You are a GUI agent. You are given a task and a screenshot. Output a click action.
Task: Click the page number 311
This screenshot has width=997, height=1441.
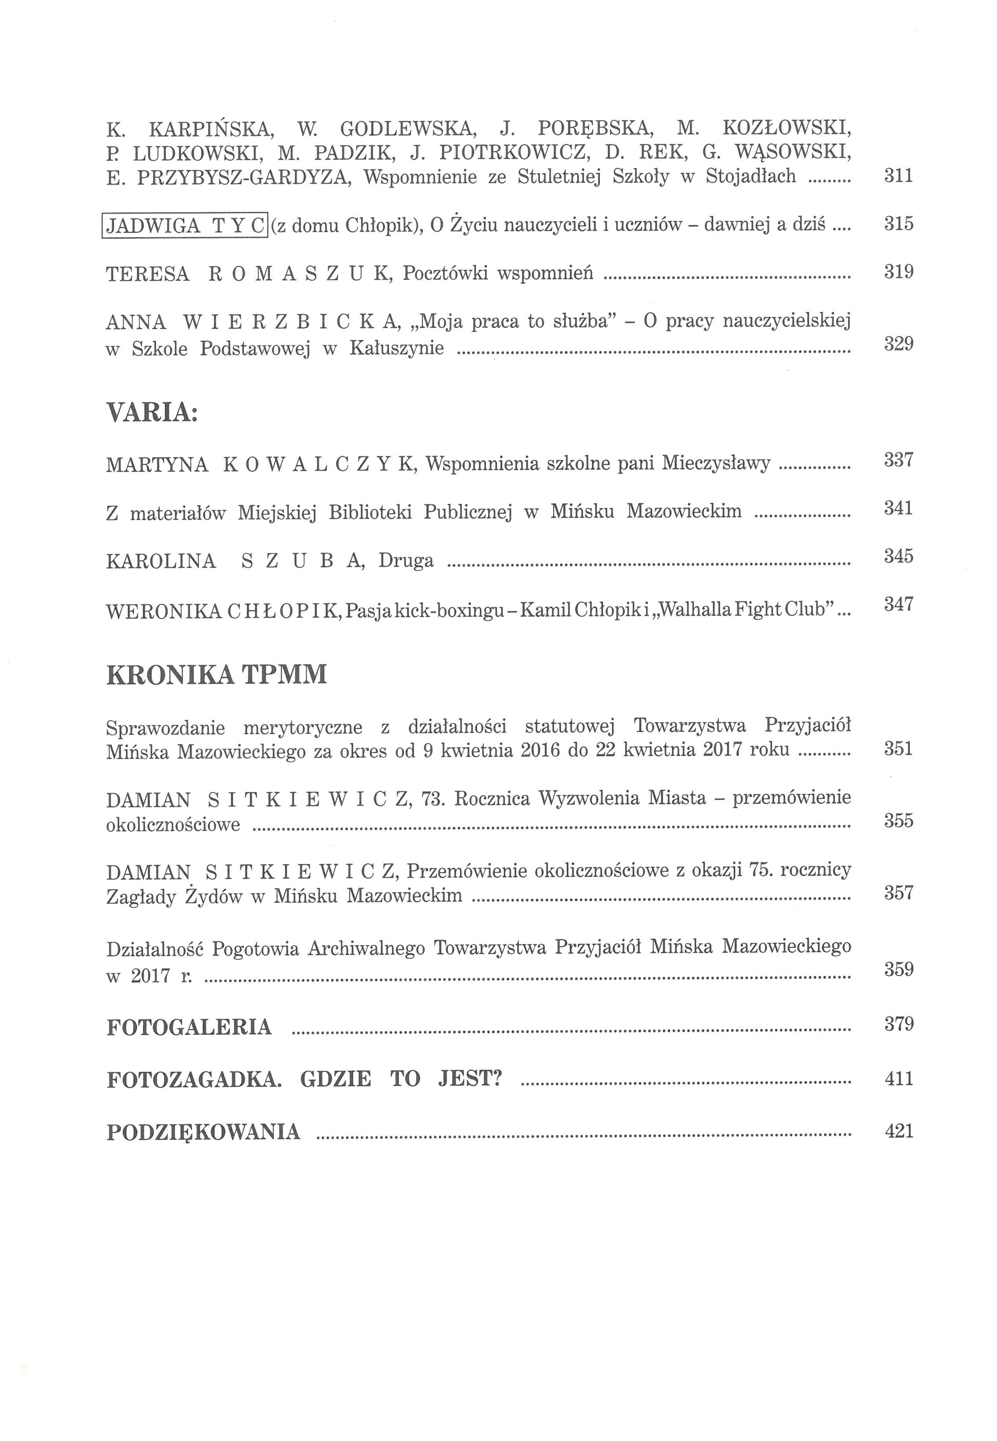pos(898,176)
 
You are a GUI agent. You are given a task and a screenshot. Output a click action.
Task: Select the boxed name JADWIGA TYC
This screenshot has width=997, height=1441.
pos(185,225)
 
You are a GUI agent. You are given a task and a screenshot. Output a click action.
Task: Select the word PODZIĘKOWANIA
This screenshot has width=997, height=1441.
pos(203,1132)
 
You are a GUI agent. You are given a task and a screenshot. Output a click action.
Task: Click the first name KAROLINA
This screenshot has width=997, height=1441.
pos(161,561)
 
